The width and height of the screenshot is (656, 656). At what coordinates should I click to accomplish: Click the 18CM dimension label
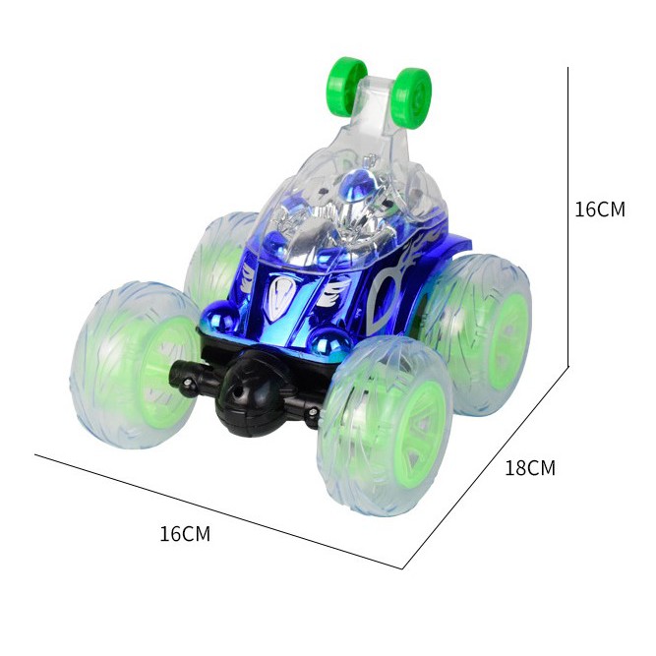click(x=530, y=468)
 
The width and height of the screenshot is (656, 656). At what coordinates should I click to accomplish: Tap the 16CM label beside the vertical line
click(x=600, y=209)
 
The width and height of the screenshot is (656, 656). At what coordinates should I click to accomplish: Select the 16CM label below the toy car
click(x=185, y=534)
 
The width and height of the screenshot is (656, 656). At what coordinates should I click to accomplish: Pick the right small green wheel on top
click(x=412, y=94)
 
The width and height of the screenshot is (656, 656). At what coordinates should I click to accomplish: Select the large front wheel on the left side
click(x=135, y=365)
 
